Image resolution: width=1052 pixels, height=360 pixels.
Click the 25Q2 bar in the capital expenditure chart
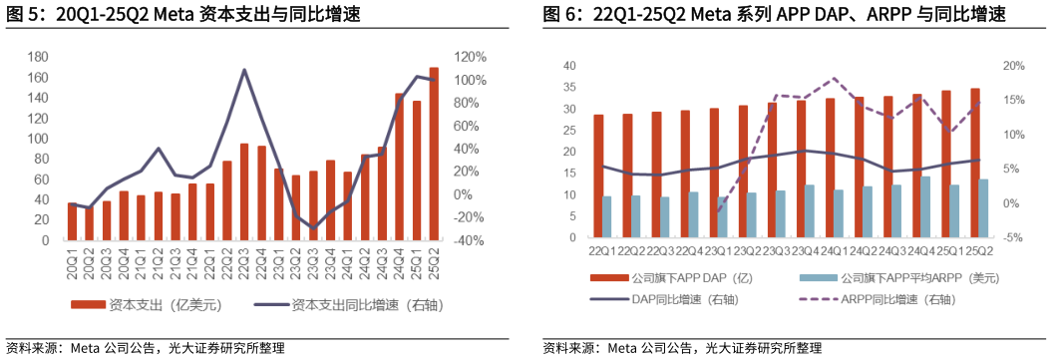coord(434,155)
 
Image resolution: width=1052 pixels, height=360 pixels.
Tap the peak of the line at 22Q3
coord(244,70)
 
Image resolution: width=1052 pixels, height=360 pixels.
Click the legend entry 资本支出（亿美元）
coord(145,304)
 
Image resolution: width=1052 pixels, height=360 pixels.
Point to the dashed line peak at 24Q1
coord(835,78)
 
